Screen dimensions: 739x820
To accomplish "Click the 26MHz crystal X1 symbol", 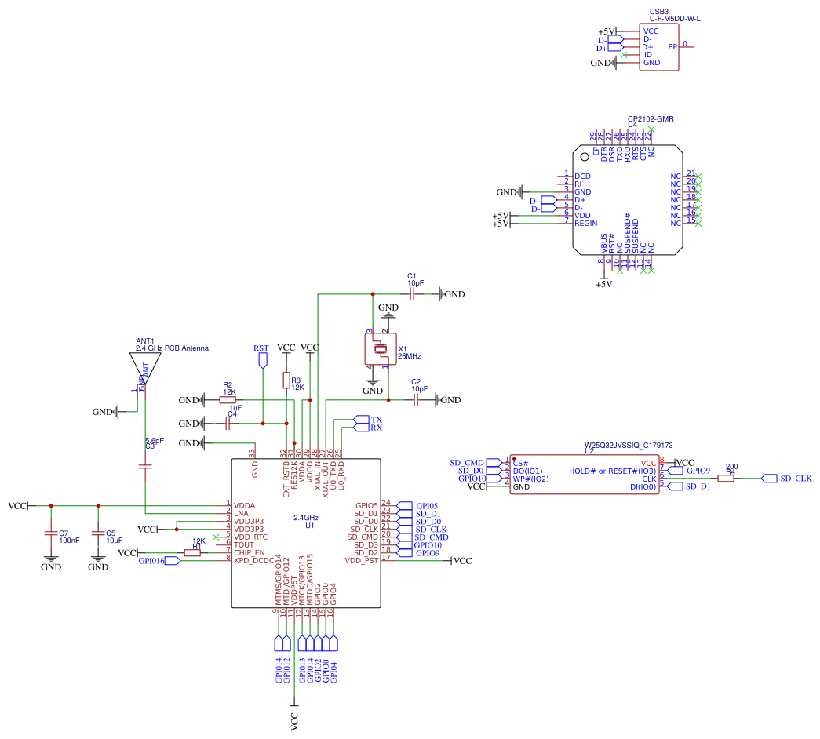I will (378, 349).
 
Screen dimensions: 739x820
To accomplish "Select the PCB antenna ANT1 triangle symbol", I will (145, 366).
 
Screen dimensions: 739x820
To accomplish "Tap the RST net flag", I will (262, 360).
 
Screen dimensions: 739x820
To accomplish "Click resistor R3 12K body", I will (286, 380).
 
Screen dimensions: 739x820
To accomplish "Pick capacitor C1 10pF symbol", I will (411, 294).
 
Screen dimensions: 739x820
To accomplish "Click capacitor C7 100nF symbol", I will (50, 534).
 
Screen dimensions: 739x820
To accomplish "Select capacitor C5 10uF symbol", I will (98, 534).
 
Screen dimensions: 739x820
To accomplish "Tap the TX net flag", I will (361, 420).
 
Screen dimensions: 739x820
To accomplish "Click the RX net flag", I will (361, 428).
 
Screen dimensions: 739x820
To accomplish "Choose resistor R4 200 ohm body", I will (726, 478).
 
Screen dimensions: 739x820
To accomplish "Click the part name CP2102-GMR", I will (651, 118).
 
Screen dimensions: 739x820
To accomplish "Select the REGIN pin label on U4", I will (586, 224).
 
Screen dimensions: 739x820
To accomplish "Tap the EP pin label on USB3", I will (672, 46).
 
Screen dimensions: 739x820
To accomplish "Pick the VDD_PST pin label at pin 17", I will (362, 560).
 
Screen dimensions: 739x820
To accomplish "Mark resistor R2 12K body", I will (228, 400).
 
